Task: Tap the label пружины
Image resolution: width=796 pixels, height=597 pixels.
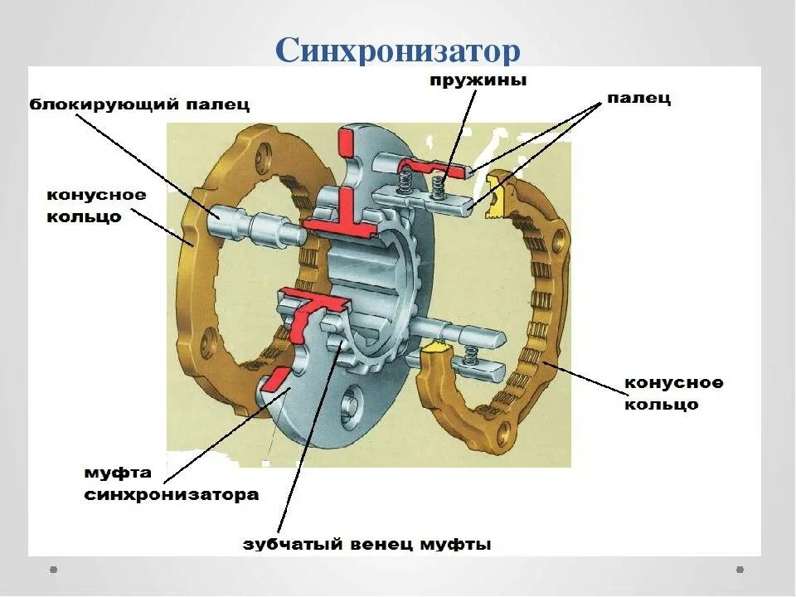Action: [x=478, y=80]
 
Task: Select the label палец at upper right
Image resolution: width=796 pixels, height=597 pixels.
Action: [x=638, y=99]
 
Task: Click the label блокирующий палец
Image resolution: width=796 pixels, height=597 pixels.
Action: [x=139, y=105]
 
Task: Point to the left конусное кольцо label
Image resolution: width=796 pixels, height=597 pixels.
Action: [x=96, y=206]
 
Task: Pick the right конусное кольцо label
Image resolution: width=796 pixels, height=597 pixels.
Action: [x=673, y=394]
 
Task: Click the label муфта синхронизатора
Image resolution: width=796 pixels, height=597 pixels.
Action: [x=171, y=483]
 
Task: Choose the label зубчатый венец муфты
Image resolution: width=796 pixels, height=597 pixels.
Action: [x=366, y=545]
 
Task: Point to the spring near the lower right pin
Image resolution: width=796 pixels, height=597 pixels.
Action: [x=470, y=356]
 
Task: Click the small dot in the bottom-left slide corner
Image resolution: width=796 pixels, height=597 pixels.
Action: [x=54, y=570]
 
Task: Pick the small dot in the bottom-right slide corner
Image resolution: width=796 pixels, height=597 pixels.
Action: [x=740, y=570]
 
